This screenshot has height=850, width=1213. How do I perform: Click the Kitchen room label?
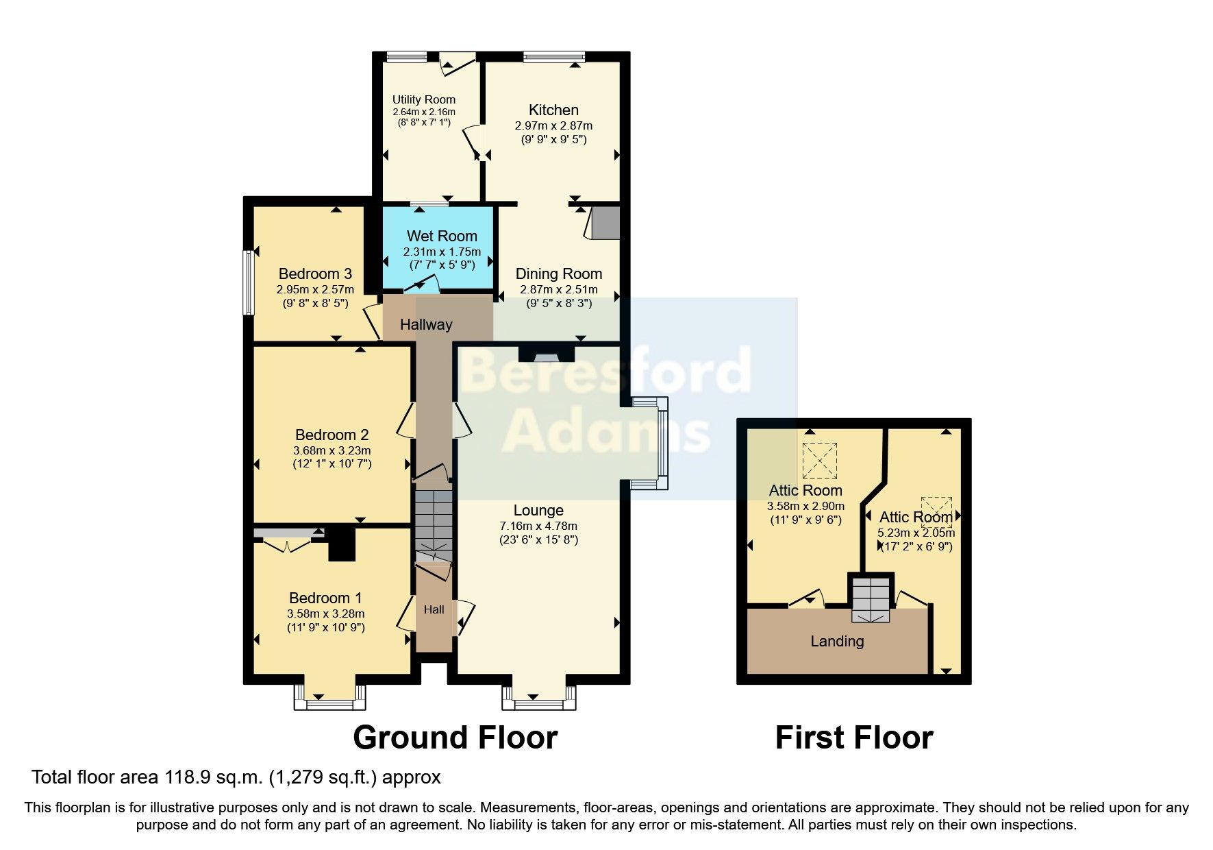tap(553, 110)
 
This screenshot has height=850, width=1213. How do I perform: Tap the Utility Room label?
tap(423, 99)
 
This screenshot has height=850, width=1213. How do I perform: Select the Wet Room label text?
tap(442, 236)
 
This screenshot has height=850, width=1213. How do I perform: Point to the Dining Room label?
tap(559, 274)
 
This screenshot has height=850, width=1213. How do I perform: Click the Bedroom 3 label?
tap(315, 274)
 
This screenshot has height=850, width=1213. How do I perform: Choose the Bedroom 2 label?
tap(332, 435)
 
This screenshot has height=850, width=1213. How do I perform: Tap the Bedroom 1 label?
tap(325, 598)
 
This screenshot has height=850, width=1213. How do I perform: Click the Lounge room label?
tap(538, 510)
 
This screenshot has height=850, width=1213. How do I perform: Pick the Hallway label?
tap(426, 324)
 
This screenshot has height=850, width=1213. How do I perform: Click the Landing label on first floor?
tap(837, 641)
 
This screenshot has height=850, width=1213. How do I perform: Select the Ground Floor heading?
tap(455, 738)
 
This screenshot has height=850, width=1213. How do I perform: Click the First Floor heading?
tap(854, 738)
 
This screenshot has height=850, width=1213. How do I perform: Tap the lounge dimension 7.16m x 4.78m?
tap(538, 526)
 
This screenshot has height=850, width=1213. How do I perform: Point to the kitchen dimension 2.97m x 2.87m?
tap(553, 125)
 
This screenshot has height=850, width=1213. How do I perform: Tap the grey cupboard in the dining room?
tap(605, 222)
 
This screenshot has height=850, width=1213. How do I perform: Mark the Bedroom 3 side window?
tap(249, 282)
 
